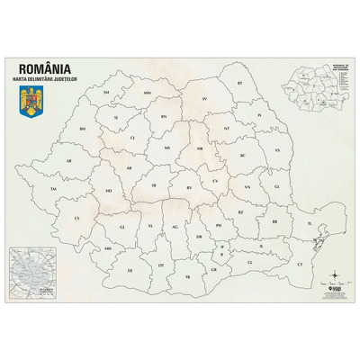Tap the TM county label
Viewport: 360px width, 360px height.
53,189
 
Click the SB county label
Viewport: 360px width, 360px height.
155,184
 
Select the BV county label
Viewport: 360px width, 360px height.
190,187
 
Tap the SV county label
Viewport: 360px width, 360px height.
205,98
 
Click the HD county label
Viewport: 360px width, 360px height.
109,191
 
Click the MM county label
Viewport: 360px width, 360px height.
147,92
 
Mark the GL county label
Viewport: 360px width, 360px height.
277,187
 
